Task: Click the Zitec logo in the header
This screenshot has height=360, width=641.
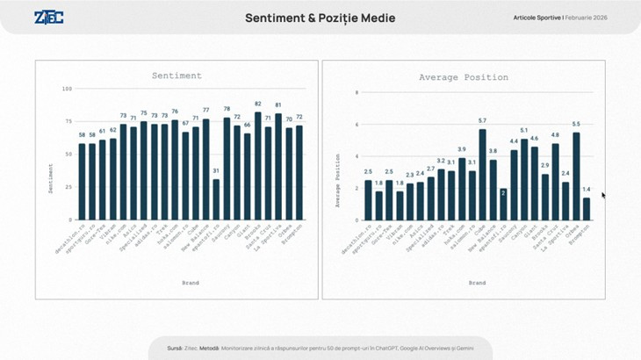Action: [x=48, y=18]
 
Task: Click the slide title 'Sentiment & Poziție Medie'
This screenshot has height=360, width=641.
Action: [x=320, y=18]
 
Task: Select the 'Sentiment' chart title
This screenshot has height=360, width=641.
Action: [x=176, y=76]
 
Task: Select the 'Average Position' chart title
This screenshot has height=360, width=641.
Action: [x=463, y=77]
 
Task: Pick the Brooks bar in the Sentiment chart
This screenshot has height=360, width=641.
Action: [x=257, y=166]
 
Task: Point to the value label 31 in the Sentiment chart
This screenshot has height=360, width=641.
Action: [x=216, y=170]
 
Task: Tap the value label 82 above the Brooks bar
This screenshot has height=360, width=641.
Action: [x=257, y=104]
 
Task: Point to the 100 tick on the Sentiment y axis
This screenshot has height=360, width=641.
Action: [x=68, y=89]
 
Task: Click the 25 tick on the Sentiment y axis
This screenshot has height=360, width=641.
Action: [x=68, y=187]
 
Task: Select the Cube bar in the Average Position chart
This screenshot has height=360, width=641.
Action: [x=482, y=175]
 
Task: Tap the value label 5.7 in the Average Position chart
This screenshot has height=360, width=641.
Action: [x=482, y=120]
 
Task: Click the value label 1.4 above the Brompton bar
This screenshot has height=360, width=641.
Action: [x=587, y=189]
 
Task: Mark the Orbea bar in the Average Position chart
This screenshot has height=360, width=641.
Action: [x=576, y=176]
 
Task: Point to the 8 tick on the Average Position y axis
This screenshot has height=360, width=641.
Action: [x=357, y=92]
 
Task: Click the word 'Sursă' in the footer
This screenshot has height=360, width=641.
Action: [x=175, y=349]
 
